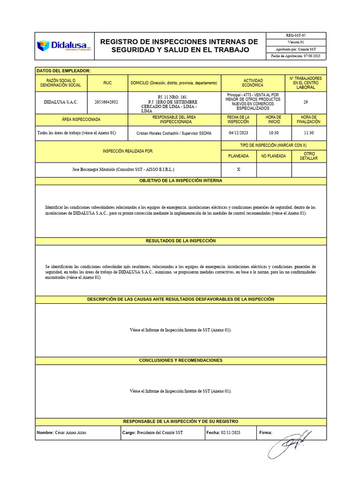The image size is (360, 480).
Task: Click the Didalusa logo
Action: pos(64,46)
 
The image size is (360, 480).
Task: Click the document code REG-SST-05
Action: pos(296,35)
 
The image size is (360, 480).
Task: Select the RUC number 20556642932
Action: pos(106,102)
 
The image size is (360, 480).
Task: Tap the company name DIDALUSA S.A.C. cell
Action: pos(61,102)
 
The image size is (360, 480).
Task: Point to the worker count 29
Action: pos(305,102)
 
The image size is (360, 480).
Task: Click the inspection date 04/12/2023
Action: pos(238,133)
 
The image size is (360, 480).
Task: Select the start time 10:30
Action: pos(273,133)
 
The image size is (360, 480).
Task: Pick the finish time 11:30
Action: pos(308,133)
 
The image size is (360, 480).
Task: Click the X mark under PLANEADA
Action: pos(238,170)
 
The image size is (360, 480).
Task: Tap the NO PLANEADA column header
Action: pos(273,156)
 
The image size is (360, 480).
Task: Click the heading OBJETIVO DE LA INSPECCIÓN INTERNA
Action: pos(180,180)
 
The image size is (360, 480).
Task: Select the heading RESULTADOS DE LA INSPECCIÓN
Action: pos(180,240)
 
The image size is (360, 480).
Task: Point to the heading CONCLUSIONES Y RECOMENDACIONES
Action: pos(180,360)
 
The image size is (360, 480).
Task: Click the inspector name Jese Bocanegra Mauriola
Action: pos(123,169)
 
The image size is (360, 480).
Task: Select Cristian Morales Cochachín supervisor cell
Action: pos(173,133)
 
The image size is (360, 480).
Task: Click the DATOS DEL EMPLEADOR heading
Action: pos(63,71)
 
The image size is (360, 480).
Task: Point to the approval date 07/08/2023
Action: pos(311,56)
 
